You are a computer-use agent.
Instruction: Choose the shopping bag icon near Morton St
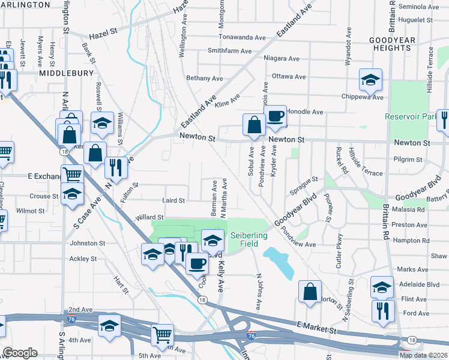point(310,292)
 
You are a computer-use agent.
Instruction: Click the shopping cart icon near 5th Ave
point(162,335)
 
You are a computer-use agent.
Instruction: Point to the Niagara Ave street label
point(282,58)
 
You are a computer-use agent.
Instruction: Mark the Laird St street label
point(173,200)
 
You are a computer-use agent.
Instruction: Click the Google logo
point(20,353)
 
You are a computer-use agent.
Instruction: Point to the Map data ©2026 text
point(423,355)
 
